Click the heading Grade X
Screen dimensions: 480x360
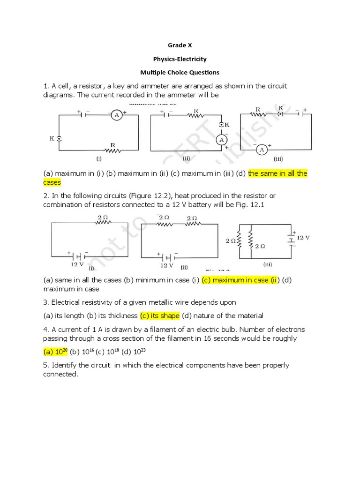(180, 45)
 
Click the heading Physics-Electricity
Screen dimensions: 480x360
(180, 59)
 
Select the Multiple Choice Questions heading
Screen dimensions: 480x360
(180, 73)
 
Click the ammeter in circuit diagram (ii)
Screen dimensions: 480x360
(221, 140)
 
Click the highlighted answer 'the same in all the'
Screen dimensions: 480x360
(277, 173)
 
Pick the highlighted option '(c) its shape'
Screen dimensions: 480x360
(160, 316)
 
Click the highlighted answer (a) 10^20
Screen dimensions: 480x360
(56, 351)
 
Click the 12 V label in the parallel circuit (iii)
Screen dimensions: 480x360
(303, 238)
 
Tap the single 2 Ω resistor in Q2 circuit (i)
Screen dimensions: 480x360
(103, 222)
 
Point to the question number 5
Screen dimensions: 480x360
(46, 365)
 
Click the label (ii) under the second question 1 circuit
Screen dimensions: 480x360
(186, 158)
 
